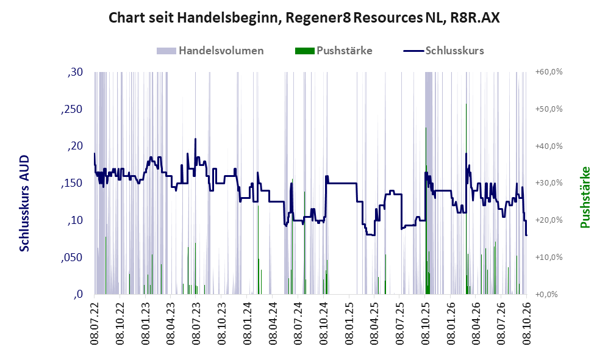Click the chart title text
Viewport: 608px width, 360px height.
coord(304,18)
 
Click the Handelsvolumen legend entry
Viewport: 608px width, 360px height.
coord(210,51)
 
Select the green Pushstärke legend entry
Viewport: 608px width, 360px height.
coord(334,51)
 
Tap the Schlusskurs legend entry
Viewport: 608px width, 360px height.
coord(443,51)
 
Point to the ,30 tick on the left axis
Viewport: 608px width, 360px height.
coord(75,72)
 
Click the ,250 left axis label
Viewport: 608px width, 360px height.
coord(72,109)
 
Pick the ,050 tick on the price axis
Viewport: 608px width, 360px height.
coord(72,257)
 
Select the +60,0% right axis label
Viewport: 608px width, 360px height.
coord(549,72)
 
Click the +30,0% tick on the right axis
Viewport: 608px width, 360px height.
coord(549,183)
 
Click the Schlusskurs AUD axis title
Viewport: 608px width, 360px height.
coord(24,203)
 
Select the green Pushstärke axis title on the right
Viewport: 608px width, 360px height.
coord(585,198)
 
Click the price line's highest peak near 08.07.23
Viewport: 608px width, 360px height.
coord(195,139)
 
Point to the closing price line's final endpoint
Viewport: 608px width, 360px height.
coord(526,235)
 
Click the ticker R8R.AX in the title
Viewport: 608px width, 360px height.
coord(475,18)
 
